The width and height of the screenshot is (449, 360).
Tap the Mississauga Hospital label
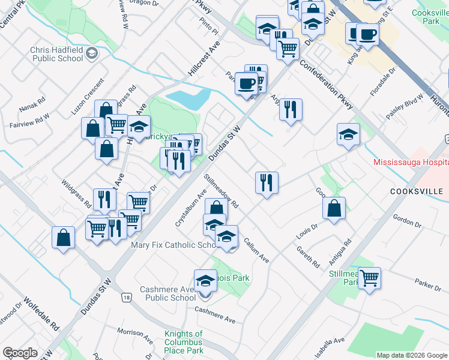[411, 162]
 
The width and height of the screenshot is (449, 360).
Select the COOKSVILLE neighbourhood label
[416, 191]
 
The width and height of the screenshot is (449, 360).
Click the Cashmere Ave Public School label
[167, 293]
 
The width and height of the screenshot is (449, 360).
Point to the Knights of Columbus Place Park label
[183, 342]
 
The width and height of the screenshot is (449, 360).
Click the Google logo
[20, 353]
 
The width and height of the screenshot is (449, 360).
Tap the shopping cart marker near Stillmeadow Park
[369, 278]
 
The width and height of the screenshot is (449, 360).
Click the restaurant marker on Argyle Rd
[291, 110]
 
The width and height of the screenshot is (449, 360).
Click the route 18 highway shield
[126, 298]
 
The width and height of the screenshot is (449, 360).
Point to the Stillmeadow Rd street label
[221, 191]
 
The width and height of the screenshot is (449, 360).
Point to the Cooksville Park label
[430, 16]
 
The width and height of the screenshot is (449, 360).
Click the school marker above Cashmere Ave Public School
[205, 281]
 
